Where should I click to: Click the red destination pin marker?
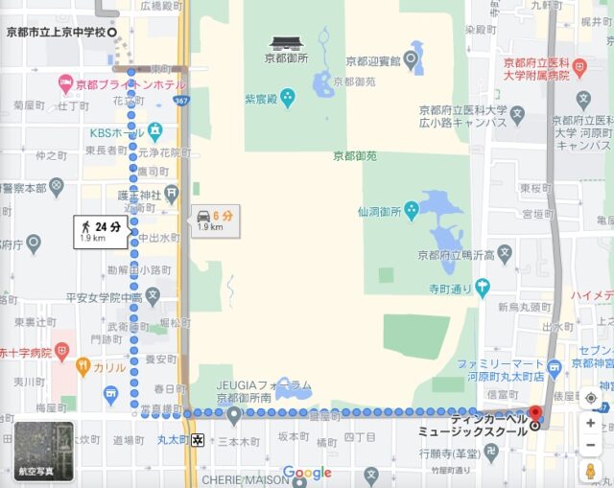[535, 415]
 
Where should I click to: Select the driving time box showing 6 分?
[216, 220]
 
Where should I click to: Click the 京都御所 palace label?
[286, 58]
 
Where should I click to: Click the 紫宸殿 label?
[261, 98]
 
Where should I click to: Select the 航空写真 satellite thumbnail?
[44, 451]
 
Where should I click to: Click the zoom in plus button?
[590, 423]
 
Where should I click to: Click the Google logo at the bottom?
[307, 473]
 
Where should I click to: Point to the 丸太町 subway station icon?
[198, 440]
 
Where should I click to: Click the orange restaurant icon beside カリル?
[83, 365]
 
